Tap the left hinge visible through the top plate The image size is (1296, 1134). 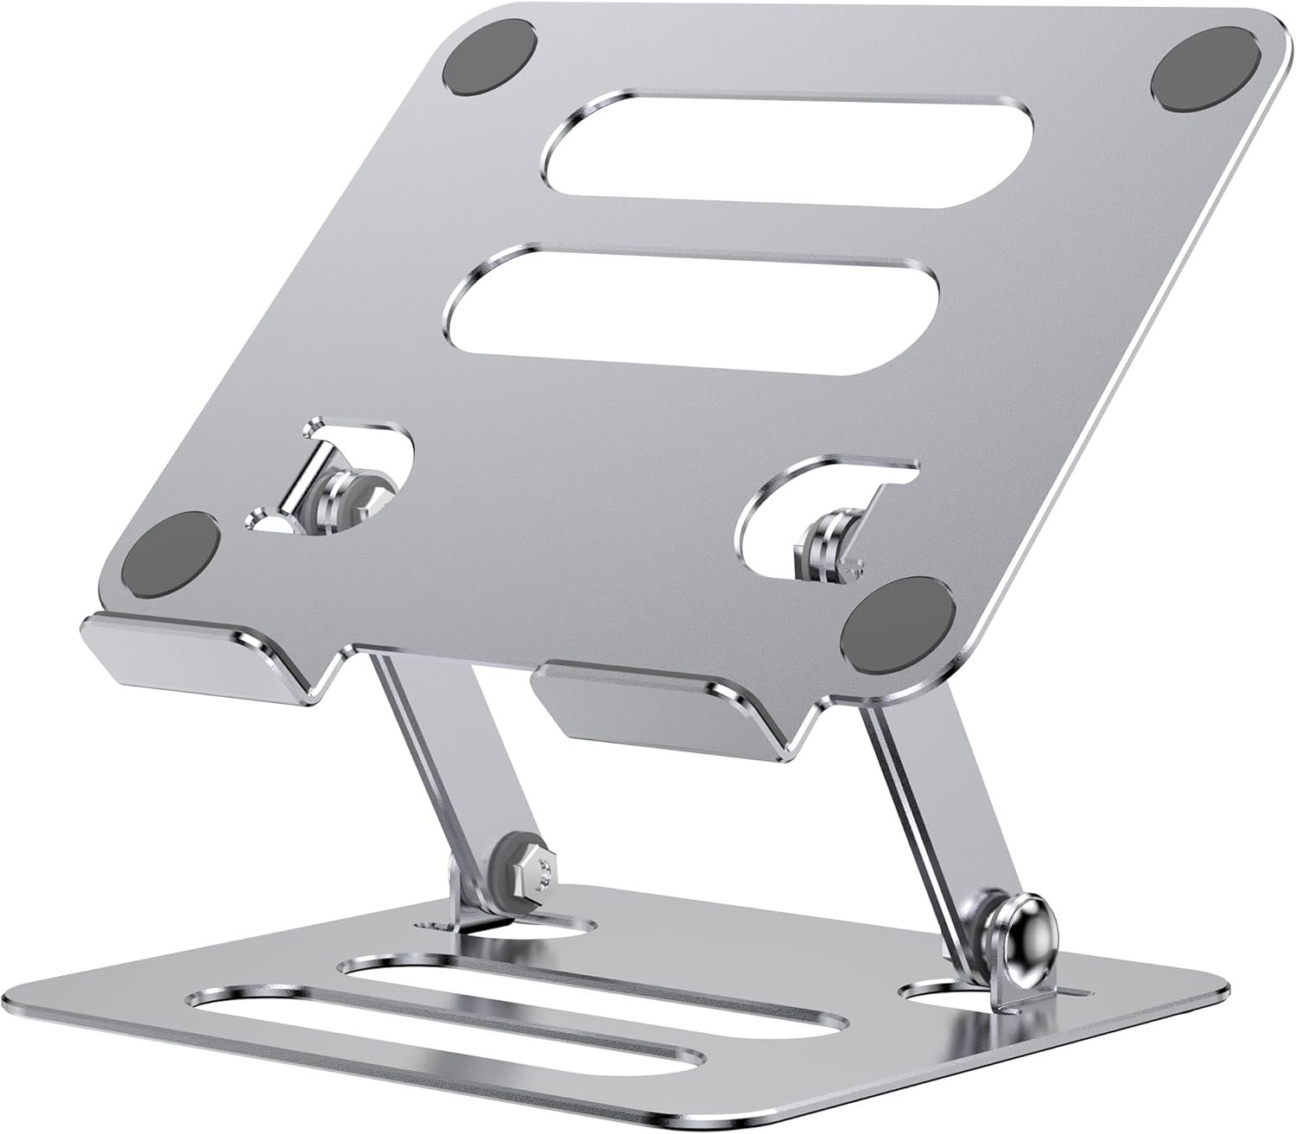[345, 488]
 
